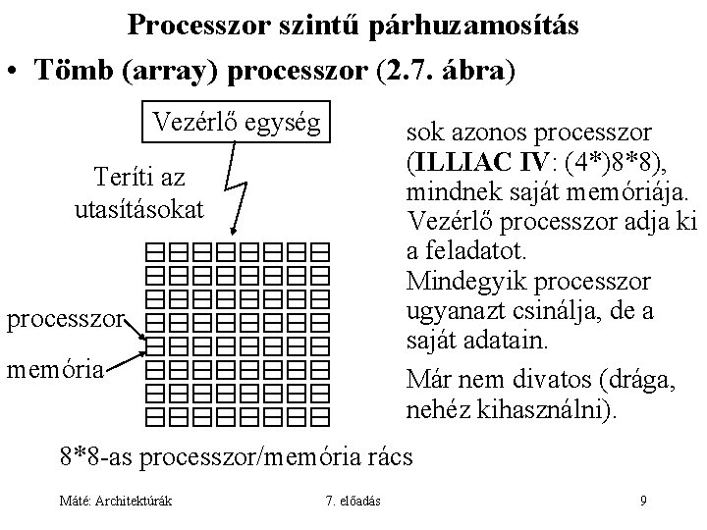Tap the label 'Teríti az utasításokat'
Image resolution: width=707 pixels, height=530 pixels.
137,192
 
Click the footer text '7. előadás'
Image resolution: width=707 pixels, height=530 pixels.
353,502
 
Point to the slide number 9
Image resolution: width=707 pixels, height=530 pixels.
643,502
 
